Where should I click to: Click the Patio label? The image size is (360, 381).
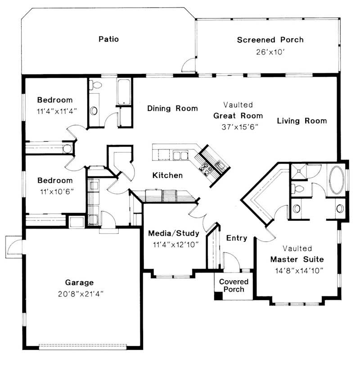[x=108, y=39]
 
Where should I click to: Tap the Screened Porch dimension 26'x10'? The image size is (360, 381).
[x=270, y=51]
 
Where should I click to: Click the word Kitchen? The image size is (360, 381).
[x=167, y=175]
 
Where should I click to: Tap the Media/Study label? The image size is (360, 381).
[x=173, y=233]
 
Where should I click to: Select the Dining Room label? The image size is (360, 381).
[x=172, y=108]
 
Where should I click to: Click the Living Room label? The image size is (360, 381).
[x=301, y=121]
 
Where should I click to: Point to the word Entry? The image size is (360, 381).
[x=236, y=238]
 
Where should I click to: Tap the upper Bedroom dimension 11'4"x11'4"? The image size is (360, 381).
[x=54, y=109]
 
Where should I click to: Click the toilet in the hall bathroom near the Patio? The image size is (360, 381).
[x=96, y=85]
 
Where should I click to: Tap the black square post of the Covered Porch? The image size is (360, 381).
[x=218, y=296]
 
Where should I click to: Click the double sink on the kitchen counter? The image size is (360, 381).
[x=180, y=156]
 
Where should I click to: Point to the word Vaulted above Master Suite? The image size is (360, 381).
[x=297, y=248]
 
